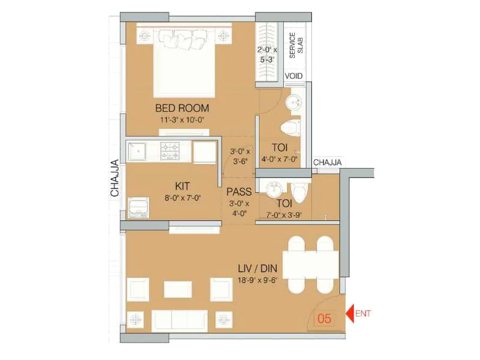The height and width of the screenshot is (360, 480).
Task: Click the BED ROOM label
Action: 182,108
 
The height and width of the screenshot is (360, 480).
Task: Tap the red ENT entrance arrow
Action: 350,313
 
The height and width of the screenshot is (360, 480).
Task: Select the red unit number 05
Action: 324,319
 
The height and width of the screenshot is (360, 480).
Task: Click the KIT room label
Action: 182,186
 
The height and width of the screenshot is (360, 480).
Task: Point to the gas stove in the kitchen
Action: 170,151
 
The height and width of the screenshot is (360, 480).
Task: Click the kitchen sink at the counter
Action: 137,151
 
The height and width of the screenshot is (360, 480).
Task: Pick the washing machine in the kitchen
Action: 138,207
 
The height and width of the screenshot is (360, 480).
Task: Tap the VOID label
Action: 293,76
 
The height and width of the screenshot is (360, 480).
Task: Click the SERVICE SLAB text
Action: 296,45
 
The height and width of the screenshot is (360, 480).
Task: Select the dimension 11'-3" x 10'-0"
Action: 182,120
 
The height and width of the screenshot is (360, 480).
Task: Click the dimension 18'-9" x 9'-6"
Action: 257,280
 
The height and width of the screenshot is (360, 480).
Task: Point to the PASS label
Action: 239,192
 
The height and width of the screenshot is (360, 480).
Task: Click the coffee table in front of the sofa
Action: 178,289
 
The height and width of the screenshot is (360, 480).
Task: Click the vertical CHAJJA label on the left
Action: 115,178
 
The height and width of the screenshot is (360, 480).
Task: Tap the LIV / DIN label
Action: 257,268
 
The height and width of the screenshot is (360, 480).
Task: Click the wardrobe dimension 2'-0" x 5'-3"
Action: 267,55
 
